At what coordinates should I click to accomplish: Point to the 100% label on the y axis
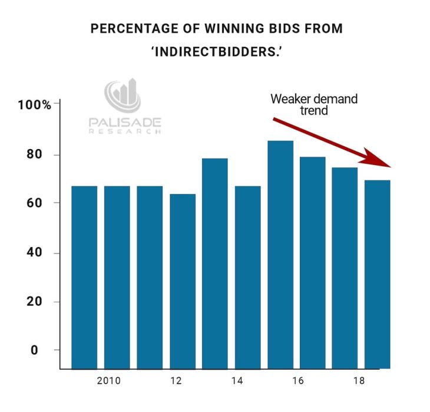tap(35, 106)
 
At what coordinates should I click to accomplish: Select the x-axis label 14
tap(237, 381)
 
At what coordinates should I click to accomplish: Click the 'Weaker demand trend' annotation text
tap(313, 104)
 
